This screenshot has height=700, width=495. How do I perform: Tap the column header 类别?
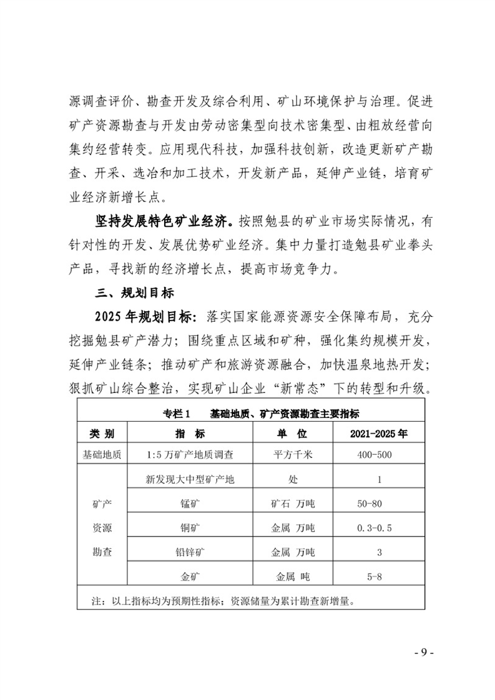101,434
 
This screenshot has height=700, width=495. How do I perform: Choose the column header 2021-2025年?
378,434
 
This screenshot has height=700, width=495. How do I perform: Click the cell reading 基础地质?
101,455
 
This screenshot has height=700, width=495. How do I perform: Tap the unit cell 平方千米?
293,455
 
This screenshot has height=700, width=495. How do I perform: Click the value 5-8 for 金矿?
375,577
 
